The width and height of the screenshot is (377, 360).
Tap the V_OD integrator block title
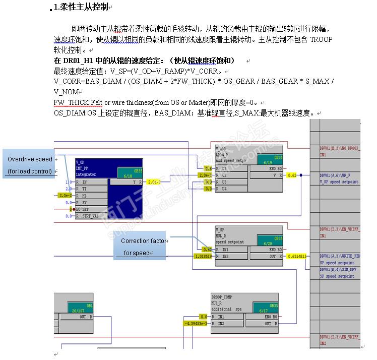[x=81, y=162]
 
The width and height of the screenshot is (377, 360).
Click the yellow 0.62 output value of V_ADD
[x=292, y=175]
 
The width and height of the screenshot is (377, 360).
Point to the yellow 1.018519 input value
[x=204, y=256]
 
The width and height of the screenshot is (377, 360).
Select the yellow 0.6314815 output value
[x=297, y=256]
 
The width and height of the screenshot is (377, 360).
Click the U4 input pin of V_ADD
[x=225, y=189]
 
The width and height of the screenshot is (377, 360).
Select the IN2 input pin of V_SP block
[x=225, y=256]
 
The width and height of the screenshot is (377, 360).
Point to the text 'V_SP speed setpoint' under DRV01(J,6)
[x=339, y=182]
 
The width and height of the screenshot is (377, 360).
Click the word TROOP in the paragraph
[x=321, y=39]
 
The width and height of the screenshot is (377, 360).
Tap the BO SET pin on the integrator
[x=82, y=209]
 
